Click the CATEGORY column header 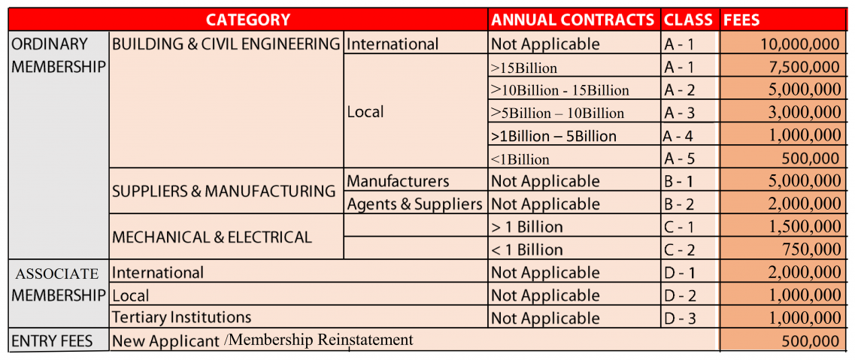tap(247, 20)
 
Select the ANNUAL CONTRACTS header tap(573, 20)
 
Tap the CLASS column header tap(688, 20)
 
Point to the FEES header tap(741, 20)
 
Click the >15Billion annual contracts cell tap(523, 68)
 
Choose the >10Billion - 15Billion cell tap(559, 90)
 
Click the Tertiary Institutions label tap(181, 317)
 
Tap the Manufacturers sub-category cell tap(398, 181)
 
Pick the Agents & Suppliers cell tap(414, 204)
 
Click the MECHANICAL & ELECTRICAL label tap(211, 237)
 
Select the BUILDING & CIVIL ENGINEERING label tap(226, 44)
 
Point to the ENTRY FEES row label tap(52, 341)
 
